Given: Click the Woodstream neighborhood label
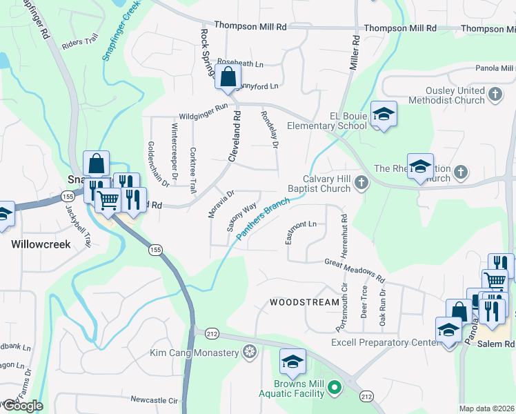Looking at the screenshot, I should tap(304, 302).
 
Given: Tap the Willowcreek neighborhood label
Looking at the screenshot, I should tap(40, 244).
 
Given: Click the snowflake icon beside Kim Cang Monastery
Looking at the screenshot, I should tap(250, 353).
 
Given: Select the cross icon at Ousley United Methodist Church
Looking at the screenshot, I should tap(495, 94).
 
